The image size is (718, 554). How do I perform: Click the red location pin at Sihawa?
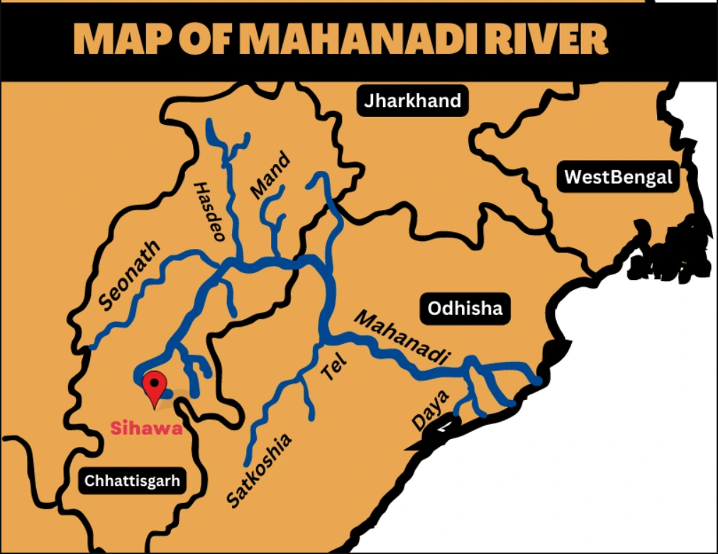154,386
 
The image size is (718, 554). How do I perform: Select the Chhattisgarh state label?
133,481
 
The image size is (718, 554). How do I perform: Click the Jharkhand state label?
412,101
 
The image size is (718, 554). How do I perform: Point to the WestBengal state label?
617,177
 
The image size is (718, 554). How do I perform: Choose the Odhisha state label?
465,309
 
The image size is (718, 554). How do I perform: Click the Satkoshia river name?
259,470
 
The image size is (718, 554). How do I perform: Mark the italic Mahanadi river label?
402,339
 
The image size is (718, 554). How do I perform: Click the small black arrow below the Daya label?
444,427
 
